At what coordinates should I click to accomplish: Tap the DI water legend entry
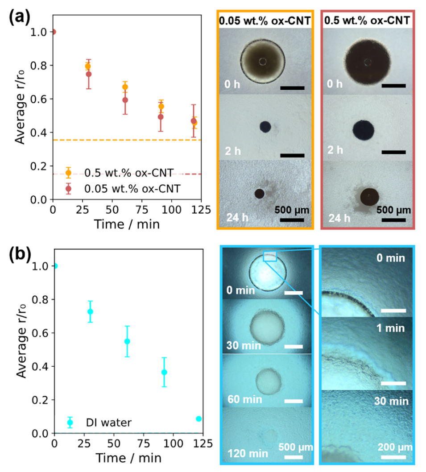(108, 422)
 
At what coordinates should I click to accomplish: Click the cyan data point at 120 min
(199, 418)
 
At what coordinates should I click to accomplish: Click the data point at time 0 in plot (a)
(54, 32)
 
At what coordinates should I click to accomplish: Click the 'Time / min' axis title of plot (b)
(127, 458)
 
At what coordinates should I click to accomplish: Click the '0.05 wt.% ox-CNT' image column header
(265, 21)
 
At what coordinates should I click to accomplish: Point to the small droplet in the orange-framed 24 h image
(259, 193)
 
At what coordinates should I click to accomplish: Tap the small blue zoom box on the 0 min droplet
(270, 256)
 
